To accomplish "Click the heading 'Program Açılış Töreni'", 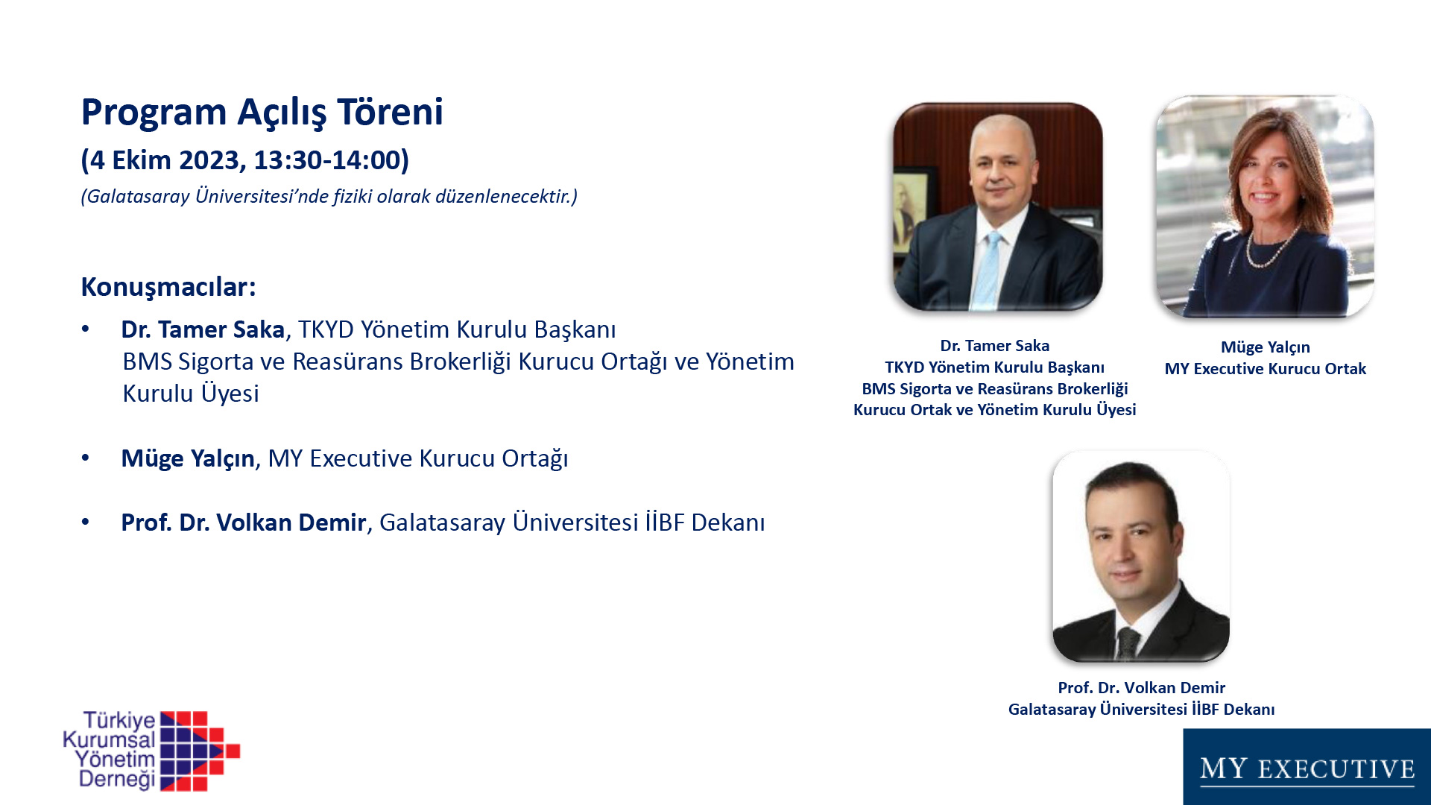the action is (262, 113).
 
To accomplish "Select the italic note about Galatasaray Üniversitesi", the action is (329, 196).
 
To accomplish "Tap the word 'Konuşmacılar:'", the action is (168, 287).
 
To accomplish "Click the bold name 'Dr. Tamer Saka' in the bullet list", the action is (203, 329).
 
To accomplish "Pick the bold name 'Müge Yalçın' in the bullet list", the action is (188, 458).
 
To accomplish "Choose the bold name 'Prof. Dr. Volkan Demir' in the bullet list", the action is (243, 523).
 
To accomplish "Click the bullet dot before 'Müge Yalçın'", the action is (86, 458).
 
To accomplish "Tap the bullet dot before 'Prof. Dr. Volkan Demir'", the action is (86, 522).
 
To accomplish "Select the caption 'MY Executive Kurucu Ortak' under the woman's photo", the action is (1265, 369).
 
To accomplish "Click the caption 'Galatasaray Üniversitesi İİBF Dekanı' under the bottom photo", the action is (1141, 710).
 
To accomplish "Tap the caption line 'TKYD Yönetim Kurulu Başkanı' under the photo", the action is (994, 367).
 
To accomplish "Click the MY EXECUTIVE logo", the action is (1307, 767).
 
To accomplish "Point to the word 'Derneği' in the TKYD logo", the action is (117, 780).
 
